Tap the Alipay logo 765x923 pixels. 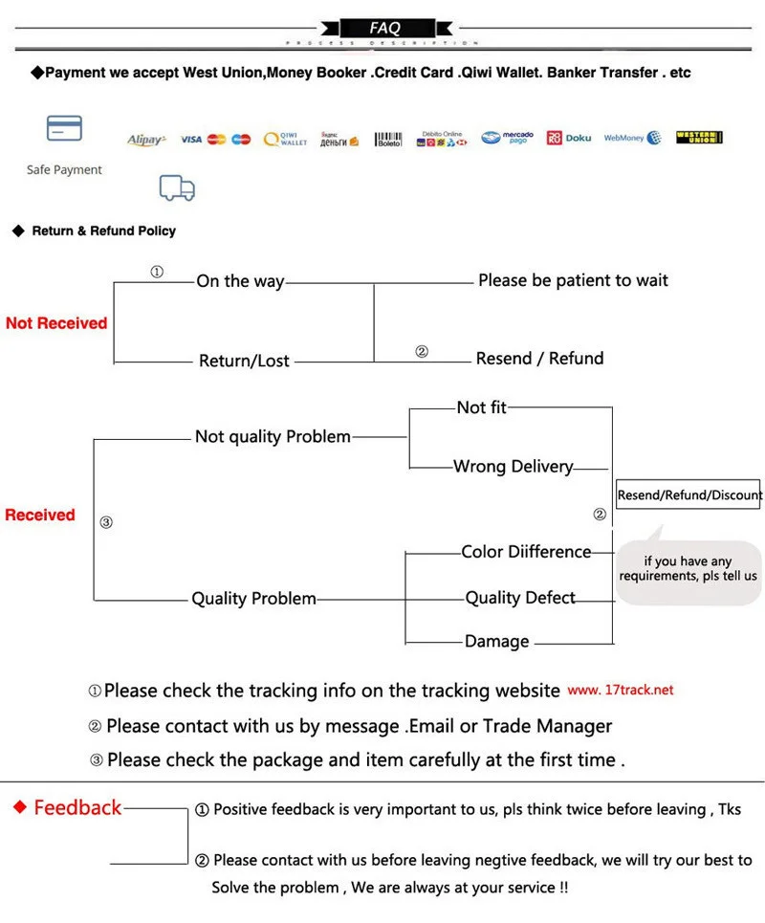pos(146,140)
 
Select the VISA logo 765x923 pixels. pos(191,140)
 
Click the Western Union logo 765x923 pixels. pos(698,138)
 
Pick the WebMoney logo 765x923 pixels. pos(632,139)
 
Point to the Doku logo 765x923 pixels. pos(569,139)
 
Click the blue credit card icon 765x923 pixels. pos(64,128)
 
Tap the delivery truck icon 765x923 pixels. pos(177,187)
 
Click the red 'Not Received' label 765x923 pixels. pos(56,323)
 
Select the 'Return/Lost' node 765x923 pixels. pos(244,361)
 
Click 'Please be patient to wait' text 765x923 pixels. pos(573,280)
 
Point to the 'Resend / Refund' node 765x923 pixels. pos(539,359)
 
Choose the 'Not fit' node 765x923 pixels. pos(481,407)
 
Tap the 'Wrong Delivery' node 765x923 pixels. pos(514,467)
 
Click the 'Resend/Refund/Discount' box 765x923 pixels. pos(689,494)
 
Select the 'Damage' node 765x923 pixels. pos(496,642)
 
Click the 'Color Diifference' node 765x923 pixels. pos(526,552)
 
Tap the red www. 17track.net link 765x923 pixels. pos(621,690)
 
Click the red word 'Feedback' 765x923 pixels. pos(77,808)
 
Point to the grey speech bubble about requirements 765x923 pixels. pos(688,569)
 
